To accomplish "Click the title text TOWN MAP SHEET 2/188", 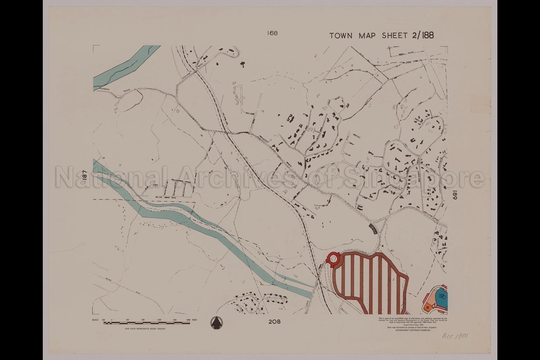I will pyautogui.click(x=381, y=35).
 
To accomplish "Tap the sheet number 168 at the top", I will pyautogui.click(x=272, y=33).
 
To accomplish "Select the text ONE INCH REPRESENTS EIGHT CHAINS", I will pyautogui.click(x=145, y=329).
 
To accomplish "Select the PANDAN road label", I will pyautogui.click(x=104, y=89).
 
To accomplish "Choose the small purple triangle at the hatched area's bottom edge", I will pyautogui.click(x=407, y=312).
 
